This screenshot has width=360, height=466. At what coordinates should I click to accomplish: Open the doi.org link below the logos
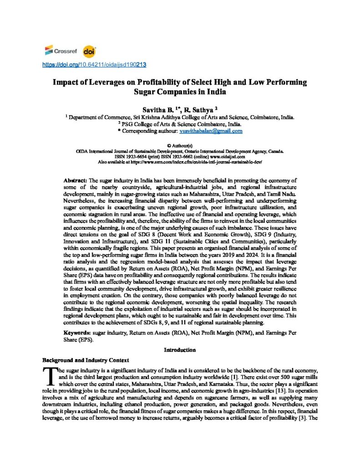(94, 65)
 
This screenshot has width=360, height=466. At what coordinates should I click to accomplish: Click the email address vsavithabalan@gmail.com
(215, 131)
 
